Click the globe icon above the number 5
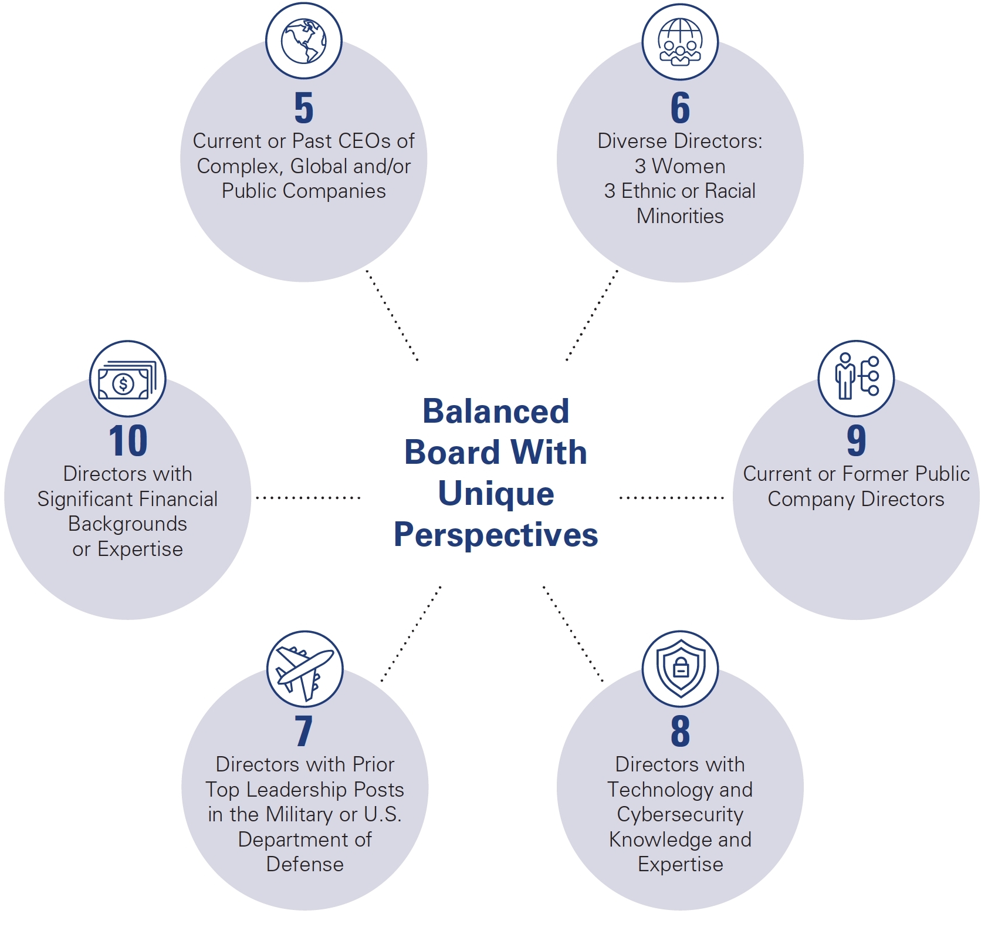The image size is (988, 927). [x=303, y=41]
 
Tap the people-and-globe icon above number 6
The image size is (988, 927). [x=679, y=42]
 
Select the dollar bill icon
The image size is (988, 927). [x=127, y=379]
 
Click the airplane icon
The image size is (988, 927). [x=304, y=669]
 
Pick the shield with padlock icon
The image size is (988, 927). [x=680, y=669]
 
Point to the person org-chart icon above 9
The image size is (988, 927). [x=856, y=378]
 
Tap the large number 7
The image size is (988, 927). [x=303, y=731]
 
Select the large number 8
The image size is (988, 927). [x=680, y=731]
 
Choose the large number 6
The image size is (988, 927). [x=680, y=108]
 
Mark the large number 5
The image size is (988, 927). [x=303, y=108]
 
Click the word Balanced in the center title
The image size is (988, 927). [x=496, y=411]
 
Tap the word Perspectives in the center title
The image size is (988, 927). [x=496, y=535]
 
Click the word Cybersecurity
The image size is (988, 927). [x=680, y=814]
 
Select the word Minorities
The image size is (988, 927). [x=680, y=216]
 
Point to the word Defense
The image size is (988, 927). [x=304, y=864]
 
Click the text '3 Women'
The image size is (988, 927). [x=680, y=166]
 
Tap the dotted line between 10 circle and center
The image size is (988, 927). [x=308, y=497]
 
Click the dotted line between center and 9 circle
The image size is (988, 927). [x=671, y=497]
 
